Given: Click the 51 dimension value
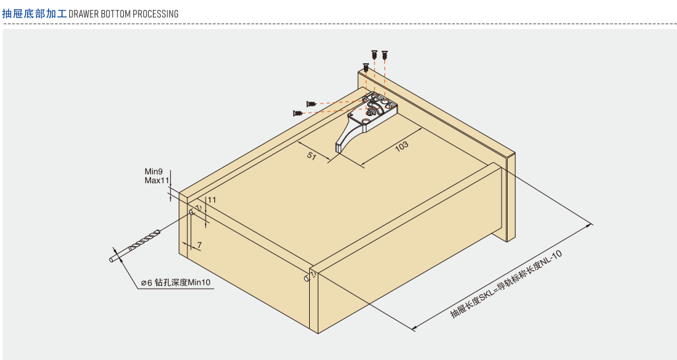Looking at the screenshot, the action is click(x=311, y=156).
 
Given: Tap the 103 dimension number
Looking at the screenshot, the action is click(x=401, y=146).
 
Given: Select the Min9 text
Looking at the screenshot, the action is click(x=154, y=172).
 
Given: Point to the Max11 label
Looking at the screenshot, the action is click(x=157, y=181).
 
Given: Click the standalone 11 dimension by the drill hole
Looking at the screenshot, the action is click(x=212, y=200).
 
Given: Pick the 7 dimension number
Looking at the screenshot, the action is click(x=199, y=245).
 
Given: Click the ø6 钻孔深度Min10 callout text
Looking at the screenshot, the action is click(x=176, y=283).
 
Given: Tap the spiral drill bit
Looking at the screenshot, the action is click(x=135, y=246).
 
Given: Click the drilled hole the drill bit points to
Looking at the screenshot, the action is click(x=191, y=212).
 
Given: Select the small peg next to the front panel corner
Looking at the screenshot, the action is click(x=307, y=278).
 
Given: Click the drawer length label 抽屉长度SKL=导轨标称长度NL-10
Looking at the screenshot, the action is click(x=506, y=284).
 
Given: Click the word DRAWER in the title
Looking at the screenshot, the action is click(x=84, y=14).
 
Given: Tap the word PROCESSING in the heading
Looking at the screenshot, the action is click(x=156, y=14).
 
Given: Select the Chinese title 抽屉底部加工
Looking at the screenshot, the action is click(x=34, y=13).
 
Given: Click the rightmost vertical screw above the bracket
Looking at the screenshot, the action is click(x=384, y=55).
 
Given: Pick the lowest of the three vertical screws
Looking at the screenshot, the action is click(x=366, y=68).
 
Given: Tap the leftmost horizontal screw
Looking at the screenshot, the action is click(x=298, y=113).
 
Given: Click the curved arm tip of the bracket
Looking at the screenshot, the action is click(x=339, y=148).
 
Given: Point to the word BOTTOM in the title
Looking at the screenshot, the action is click(x=116, y=14).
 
